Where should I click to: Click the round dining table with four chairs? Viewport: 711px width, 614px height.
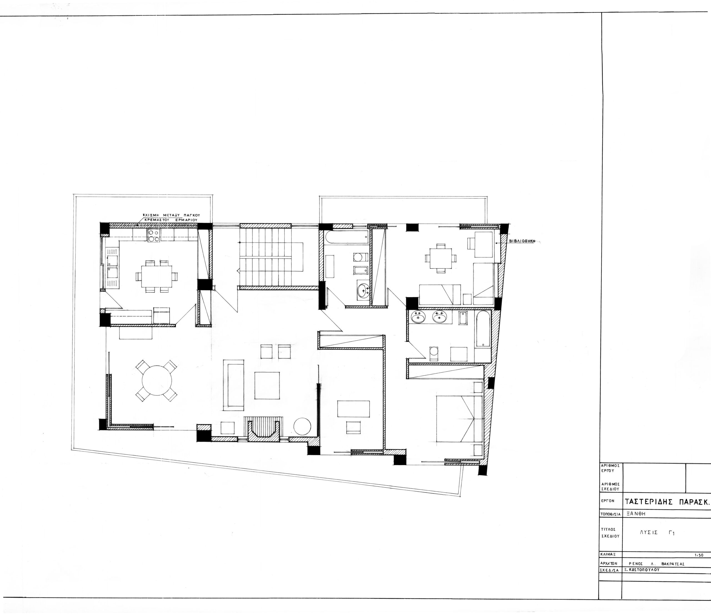coord(156,380)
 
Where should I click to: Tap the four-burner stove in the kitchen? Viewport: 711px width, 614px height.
coord(153,236)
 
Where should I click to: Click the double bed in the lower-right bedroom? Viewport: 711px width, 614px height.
coord(459,419)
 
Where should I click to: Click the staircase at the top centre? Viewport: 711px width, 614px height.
coord(271,257)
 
